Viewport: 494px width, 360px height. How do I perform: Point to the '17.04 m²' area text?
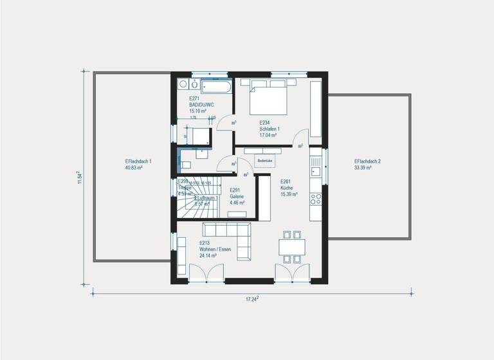click(268, 136)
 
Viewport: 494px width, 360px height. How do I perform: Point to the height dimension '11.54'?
click(80, 177)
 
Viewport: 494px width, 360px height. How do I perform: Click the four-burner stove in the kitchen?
click(315, 199)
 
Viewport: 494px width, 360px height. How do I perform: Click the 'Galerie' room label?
click(236, 197)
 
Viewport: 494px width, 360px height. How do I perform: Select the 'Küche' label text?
click(287, 188)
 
